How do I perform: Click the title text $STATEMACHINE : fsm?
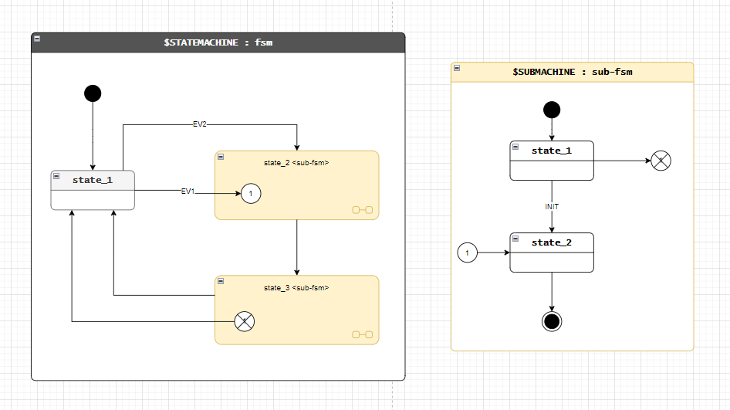(218, 42)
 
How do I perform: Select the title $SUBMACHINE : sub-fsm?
(572, 72)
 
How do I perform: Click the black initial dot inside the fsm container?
(93, 93)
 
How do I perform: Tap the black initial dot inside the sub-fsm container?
(552, 109)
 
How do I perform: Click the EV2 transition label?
(199, 124)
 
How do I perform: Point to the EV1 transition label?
(188, 191)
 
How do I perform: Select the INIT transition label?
(552, 207)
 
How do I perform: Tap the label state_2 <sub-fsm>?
(296, 163)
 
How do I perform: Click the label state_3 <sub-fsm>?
(296, 288)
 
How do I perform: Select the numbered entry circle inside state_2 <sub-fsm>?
(251, 194)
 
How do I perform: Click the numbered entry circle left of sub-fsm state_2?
(467, 252)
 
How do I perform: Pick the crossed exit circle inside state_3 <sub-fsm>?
(244, 321)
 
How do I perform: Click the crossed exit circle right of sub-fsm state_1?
(661, 161)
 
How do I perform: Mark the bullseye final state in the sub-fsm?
(552, 321)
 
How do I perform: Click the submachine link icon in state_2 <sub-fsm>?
(362, 209)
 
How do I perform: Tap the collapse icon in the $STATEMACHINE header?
(37, 38)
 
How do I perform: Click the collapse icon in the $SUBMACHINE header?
(457, 68)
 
